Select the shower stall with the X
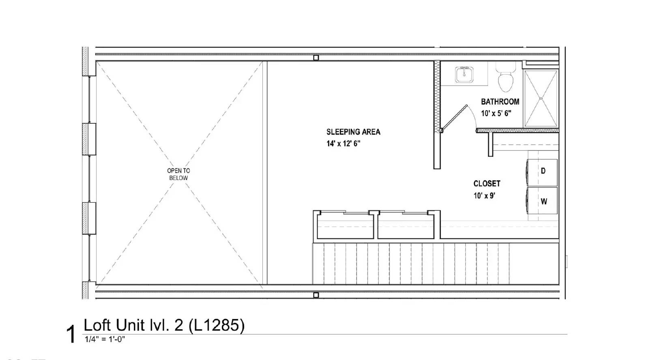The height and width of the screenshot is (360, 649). click(541, 98)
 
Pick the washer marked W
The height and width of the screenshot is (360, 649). click(542, 201)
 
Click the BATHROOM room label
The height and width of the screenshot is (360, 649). click(500, 102)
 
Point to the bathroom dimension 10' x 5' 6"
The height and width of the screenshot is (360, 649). click(496, 114)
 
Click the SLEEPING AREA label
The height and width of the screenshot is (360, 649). click(353, 132)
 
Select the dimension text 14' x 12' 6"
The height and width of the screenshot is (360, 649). click(343, 144)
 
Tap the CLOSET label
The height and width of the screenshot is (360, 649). click(486, 184)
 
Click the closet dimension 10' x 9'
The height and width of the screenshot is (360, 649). click(484, 196)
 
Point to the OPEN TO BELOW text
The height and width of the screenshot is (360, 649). click(178, 174)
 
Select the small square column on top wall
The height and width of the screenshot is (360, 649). click(316, 58)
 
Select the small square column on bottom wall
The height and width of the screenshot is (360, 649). click(316, 295)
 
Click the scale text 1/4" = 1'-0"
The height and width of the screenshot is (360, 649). click(105, 340)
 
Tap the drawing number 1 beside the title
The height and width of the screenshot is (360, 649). click(71, 335)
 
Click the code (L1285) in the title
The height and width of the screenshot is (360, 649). click(217, 325)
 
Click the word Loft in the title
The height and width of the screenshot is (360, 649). click(98, 325)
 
